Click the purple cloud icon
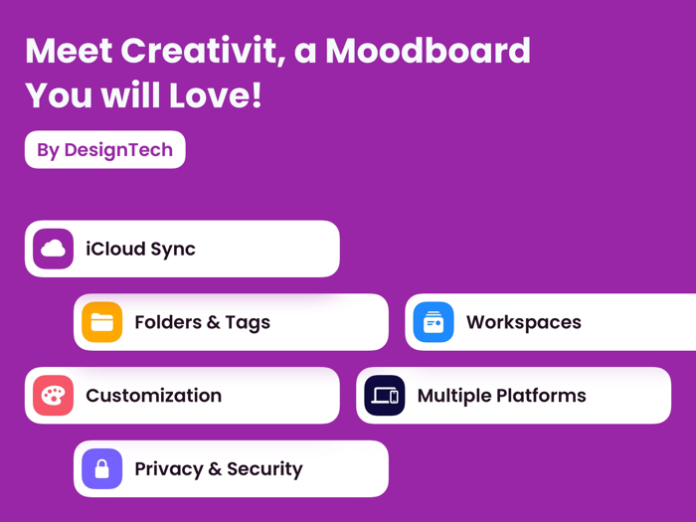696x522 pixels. click(x=53, y=249)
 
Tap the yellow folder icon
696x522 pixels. click(x=101, y=322)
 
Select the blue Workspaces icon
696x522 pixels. click(x=433, y=322)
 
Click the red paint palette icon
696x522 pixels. click(x=53, y=396)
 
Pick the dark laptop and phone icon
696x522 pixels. click(x=384, y=396)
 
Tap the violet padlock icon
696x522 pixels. click(x=101, y=469)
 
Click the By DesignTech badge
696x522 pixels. click(x=104, y=150)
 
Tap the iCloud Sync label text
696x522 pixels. click(x=140, y=249)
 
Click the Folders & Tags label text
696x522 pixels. click(x=202, y=322)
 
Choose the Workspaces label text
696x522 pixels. click(x=523, y=322)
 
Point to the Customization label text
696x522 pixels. click(x=153, y=396)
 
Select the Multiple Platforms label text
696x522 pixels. click(x=501, y=396)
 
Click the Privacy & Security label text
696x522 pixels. click(x=218, y=469)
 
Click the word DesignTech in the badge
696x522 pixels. click(x=118, y=150)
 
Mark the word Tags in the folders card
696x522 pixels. click(x=247, y=322)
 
